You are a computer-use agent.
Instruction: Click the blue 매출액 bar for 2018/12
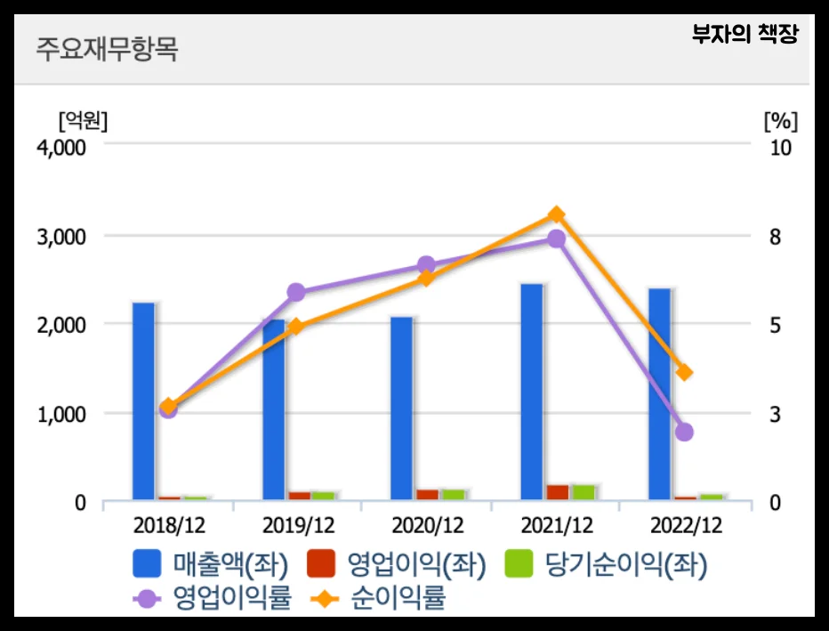tap(143, 400)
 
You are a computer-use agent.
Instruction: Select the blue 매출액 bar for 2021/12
tap(532, 392)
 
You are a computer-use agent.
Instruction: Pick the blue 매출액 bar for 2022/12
tap(660, 393)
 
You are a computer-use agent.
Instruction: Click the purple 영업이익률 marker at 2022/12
tap(684, 432)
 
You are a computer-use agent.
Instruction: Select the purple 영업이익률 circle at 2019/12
tap(297, 292)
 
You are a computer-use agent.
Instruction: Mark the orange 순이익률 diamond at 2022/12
tap(684, 372)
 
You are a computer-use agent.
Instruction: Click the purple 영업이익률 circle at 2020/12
tap(426, 265)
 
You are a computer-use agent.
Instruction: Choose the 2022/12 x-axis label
tap(684, 525)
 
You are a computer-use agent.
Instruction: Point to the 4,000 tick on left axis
tap(60, 148)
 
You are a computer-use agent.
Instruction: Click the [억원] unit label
tap(82, 119)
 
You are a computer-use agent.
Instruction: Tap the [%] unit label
tap(780, 119)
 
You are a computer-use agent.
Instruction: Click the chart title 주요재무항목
tap(107, 49)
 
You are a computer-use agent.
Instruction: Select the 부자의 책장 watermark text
tap(745, 35)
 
